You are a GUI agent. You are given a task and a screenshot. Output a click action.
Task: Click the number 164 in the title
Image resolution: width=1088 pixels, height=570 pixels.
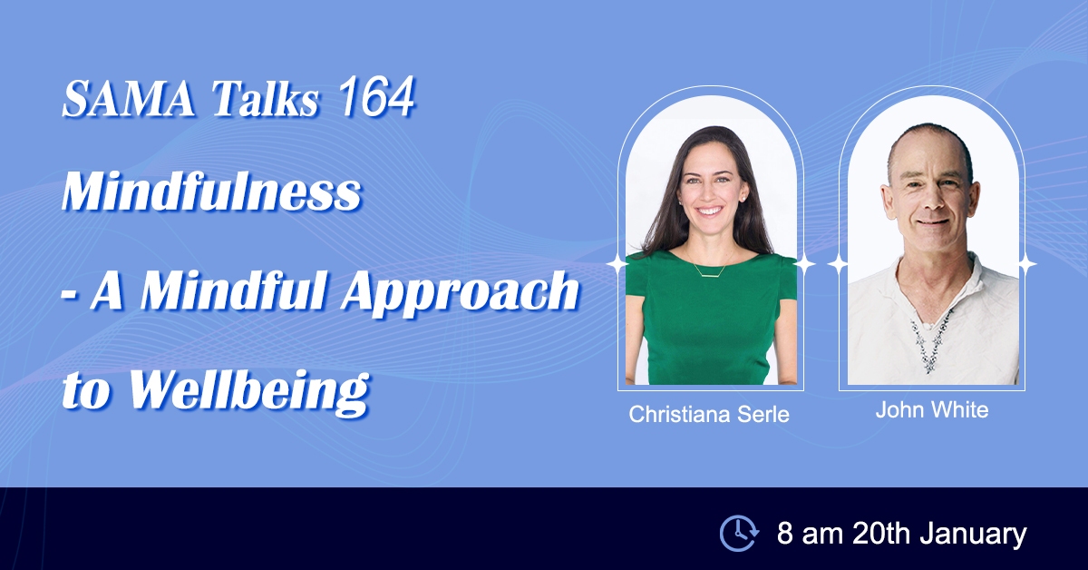(x=376, y=97)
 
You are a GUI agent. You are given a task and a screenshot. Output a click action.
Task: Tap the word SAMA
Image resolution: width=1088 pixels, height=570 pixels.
(x=128, y=99)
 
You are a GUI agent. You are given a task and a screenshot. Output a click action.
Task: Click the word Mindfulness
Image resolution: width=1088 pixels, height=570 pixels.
(x=212, y=192)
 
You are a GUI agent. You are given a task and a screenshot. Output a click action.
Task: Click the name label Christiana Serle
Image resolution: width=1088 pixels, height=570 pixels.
(x=709, y=415)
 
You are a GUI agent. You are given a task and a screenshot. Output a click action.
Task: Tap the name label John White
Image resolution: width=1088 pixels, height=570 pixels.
(x=932, y=409)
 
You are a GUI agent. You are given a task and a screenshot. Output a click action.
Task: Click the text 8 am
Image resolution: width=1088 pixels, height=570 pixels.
(x=811, y=534)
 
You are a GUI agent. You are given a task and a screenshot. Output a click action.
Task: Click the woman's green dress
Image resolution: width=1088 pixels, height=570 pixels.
(x=710, y=321)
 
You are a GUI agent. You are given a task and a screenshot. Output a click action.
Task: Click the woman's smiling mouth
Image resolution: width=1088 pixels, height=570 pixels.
(x=709, y=212)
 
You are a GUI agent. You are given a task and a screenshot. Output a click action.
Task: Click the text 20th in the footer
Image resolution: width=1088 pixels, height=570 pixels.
(x=880, y=534)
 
